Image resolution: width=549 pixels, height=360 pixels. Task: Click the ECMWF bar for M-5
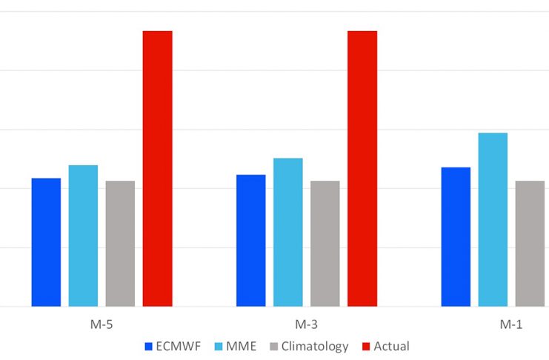pyautogui.click(x=46, y=242)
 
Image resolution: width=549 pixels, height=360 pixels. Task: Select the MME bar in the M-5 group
pyautogui.click(x=83, y=236)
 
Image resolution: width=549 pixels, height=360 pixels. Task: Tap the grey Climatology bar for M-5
pyautogui.click(x=121, y=244)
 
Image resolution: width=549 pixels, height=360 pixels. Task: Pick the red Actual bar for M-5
pyautogui.click(x=158, y=169)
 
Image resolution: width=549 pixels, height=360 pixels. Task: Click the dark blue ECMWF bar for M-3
pyautogui.click(x=251, y=241)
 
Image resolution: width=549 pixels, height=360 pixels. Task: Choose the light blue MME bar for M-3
pyautogui.click(x=288, y=232)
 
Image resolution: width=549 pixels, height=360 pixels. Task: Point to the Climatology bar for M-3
pyautogui.click(x=325, y=244)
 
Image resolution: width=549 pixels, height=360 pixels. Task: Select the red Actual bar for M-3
pyautogui.click(x=362, y=169)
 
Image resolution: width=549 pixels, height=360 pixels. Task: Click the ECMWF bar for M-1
pyautogui.click(x=456, y=237)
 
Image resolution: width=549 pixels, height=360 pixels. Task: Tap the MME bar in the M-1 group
pyautogui.click(x=493, y=219)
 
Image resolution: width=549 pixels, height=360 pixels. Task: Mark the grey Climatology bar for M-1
pyautogui.click(x=530, y=244)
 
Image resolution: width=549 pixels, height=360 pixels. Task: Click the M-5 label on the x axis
pyautogui.click(x=102, y=324)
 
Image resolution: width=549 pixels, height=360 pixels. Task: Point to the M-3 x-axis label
pyautogui.click(x=307, y=324)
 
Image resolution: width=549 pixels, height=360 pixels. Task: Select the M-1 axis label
pyautogui.click(x=511, y=324)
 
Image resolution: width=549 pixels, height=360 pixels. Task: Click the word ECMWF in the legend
pyautogui.click(x=179, y=347)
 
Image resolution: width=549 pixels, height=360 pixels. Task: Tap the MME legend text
pyautogui.click(x=242, y=347)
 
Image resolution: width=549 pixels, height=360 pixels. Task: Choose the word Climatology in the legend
pyautogui.click(x=315, y=347)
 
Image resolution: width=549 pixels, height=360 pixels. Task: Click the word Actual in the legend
pyautogui.click(x=391, y=347)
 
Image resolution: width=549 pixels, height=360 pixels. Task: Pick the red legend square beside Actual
pyautogui.click(x=366, y=347)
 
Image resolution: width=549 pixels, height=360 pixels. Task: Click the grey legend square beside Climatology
pyautogui.click(x=274, y=347)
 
